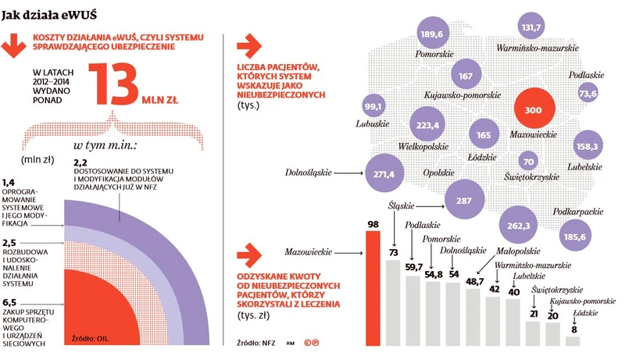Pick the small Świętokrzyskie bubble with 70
[529, 162]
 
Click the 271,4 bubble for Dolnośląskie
[384, 173]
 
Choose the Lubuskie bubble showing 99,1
[373, 107]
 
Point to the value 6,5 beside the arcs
[11, 302]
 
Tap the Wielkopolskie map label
[427, 145]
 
